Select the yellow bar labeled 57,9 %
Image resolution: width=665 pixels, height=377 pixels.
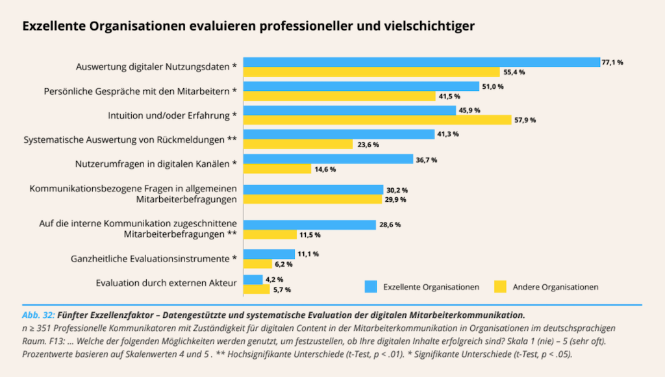(x=377, y=120)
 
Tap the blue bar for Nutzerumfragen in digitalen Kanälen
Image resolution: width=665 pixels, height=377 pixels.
(x=328, y=159)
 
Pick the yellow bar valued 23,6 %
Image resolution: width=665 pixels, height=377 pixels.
(x=298, y=144)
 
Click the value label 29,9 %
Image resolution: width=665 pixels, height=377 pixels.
(x=395, y=199)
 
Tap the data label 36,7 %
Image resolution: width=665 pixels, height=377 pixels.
(x=426, y=160)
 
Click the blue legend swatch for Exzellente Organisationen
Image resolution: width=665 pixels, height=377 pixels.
(x=370, y=286)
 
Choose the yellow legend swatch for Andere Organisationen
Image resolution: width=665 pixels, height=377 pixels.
(x=500, y=286)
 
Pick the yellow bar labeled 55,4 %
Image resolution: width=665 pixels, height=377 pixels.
(x=371, y=72)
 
